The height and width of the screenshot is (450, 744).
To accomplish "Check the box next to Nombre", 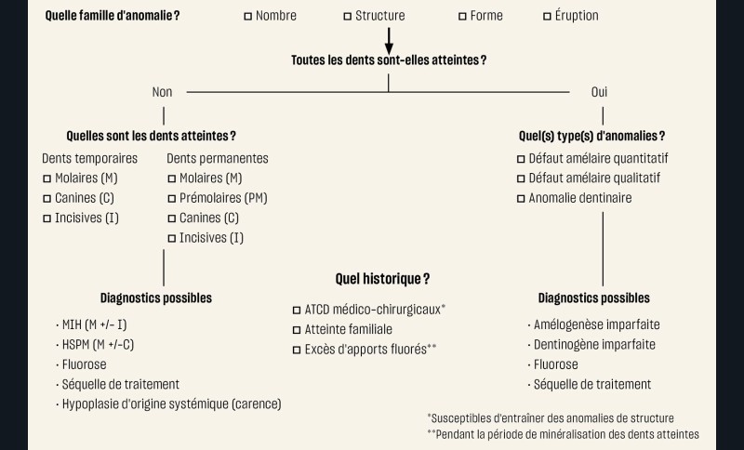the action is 247,17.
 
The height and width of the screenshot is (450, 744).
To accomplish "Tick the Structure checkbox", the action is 347,17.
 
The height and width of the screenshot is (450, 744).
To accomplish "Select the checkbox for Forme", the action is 462,17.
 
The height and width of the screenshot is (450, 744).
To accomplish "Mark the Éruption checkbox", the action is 547,17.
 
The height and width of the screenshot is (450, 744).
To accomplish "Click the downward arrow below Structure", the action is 389,41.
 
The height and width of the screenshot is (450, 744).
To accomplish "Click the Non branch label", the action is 162,92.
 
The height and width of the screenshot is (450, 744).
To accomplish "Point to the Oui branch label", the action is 599,92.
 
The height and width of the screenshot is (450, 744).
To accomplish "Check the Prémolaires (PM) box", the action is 172,199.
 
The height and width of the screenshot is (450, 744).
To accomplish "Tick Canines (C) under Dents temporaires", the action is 47,199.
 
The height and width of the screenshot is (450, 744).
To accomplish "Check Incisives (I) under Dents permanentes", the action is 172,239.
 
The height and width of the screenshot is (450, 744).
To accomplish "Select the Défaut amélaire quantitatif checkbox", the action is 521,159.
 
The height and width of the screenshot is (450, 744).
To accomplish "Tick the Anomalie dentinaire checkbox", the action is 521,199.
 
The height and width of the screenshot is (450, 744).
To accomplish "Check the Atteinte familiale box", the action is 297,330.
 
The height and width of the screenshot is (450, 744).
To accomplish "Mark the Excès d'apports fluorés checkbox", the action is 297,350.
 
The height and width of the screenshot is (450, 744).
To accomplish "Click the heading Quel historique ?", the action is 382,279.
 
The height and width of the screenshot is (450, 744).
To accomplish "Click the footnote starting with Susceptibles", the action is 551,418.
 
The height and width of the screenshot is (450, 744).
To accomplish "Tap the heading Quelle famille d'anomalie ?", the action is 113,16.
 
